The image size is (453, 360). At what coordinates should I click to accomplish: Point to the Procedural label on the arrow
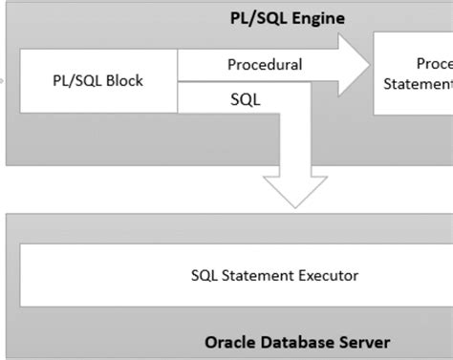tap(265, 65)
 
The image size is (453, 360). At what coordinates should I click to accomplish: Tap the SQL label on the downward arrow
tap(244, 97)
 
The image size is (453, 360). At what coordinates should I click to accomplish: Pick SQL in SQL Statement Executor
tap(205, 276)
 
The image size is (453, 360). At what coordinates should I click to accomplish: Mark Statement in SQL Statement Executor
tap(255, 276)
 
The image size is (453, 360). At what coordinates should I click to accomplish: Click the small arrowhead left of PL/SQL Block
tap(3, 80)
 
